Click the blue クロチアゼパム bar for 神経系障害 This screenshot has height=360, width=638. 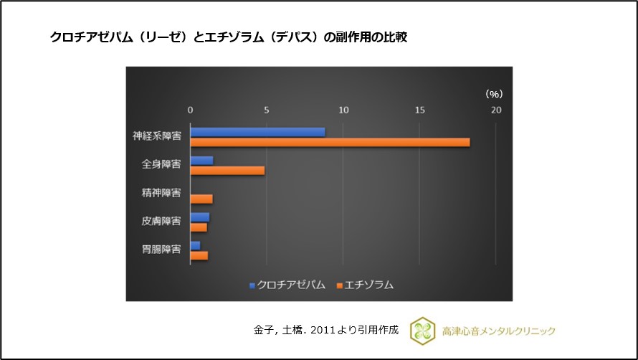pos(257,132)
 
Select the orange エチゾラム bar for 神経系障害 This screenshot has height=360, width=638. pos(330,142)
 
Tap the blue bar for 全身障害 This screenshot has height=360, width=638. pos(201,160)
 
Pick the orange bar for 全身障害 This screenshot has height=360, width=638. pos(227,170)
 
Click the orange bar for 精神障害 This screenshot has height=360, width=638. pos(201,199)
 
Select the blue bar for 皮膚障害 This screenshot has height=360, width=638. pos(199,217)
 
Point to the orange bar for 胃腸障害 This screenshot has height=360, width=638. pos(199,255)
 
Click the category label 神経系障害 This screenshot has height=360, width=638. pos(156,136)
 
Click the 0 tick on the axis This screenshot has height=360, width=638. pos(190,110)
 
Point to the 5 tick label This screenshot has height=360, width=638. pos(267,110)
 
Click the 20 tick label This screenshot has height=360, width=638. pos(496,110)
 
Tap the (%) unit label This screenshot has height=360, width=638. pos(493,93)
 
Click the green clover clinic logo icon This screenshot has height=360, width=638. pos(421,330)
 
